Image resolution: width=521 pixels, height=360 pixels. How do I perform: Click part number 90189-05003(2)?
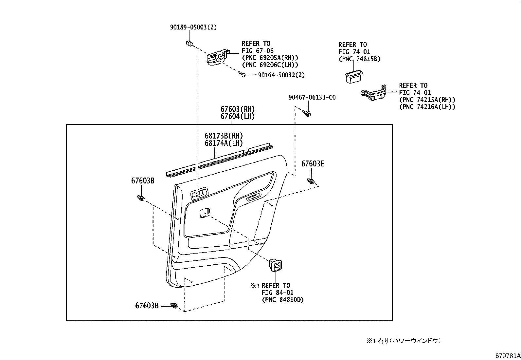(x=193, y=28)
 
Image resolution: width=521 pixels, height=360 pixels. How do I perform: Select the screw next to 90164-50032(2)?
(x=243, y=75)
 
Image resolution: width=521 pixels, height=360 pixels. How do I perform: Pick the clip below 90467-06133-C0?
(x=307, y=113)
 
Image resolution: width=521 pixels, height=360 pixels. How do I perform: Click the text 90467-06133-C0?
(x=312, y=98)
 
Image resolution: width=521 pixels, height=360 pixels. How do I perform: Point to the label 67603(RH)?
(x=237, y=109)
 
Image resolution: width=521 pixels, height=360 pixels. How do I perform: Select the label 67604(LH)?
(x=237, y=117)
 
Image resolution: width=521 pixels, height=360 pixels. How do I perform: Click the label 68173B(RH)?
(x=224, y=136)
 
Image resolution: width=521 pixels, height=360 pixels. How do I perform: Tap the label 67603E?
(x=313, y=164)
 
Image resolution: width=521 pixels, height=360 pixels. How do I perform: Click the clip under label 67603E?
(x=311, y=181)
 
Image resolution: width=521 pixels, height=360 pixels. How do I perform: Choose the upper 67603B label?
(x=143, y=180)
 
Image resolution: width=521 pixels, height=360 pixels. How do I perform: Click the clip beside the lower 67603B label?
(x=174, y=306)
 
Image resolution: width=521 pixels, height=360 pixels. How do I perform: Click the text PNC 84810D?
(x=282, y=300)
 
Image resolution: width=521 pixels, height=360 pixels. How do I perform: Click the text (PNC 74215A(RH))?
(x=427, y=100)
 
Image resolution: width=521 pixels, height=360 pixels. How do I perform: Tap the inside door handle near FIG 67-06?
(x=217, y=57)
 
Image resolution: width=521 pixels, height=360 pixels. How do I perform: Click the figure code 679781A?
(x=507, y=356)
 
